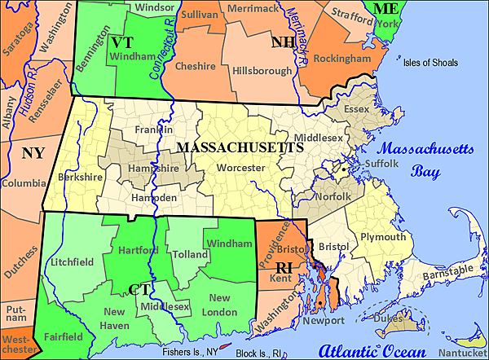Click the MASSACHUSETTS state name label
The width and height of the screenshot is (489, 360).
coord(240,147)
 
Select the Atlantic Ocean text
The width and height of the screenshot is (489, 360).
coord(371,350)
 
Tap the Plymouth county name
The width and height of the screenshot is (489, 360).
coord(382,237)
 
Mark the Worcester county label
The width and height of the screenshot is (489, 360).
coord(240,167)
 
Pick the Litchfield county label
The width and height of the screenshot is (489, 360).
coord(72,261)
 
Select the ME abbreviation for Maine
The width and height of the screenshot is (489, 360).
coord(385,10)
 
